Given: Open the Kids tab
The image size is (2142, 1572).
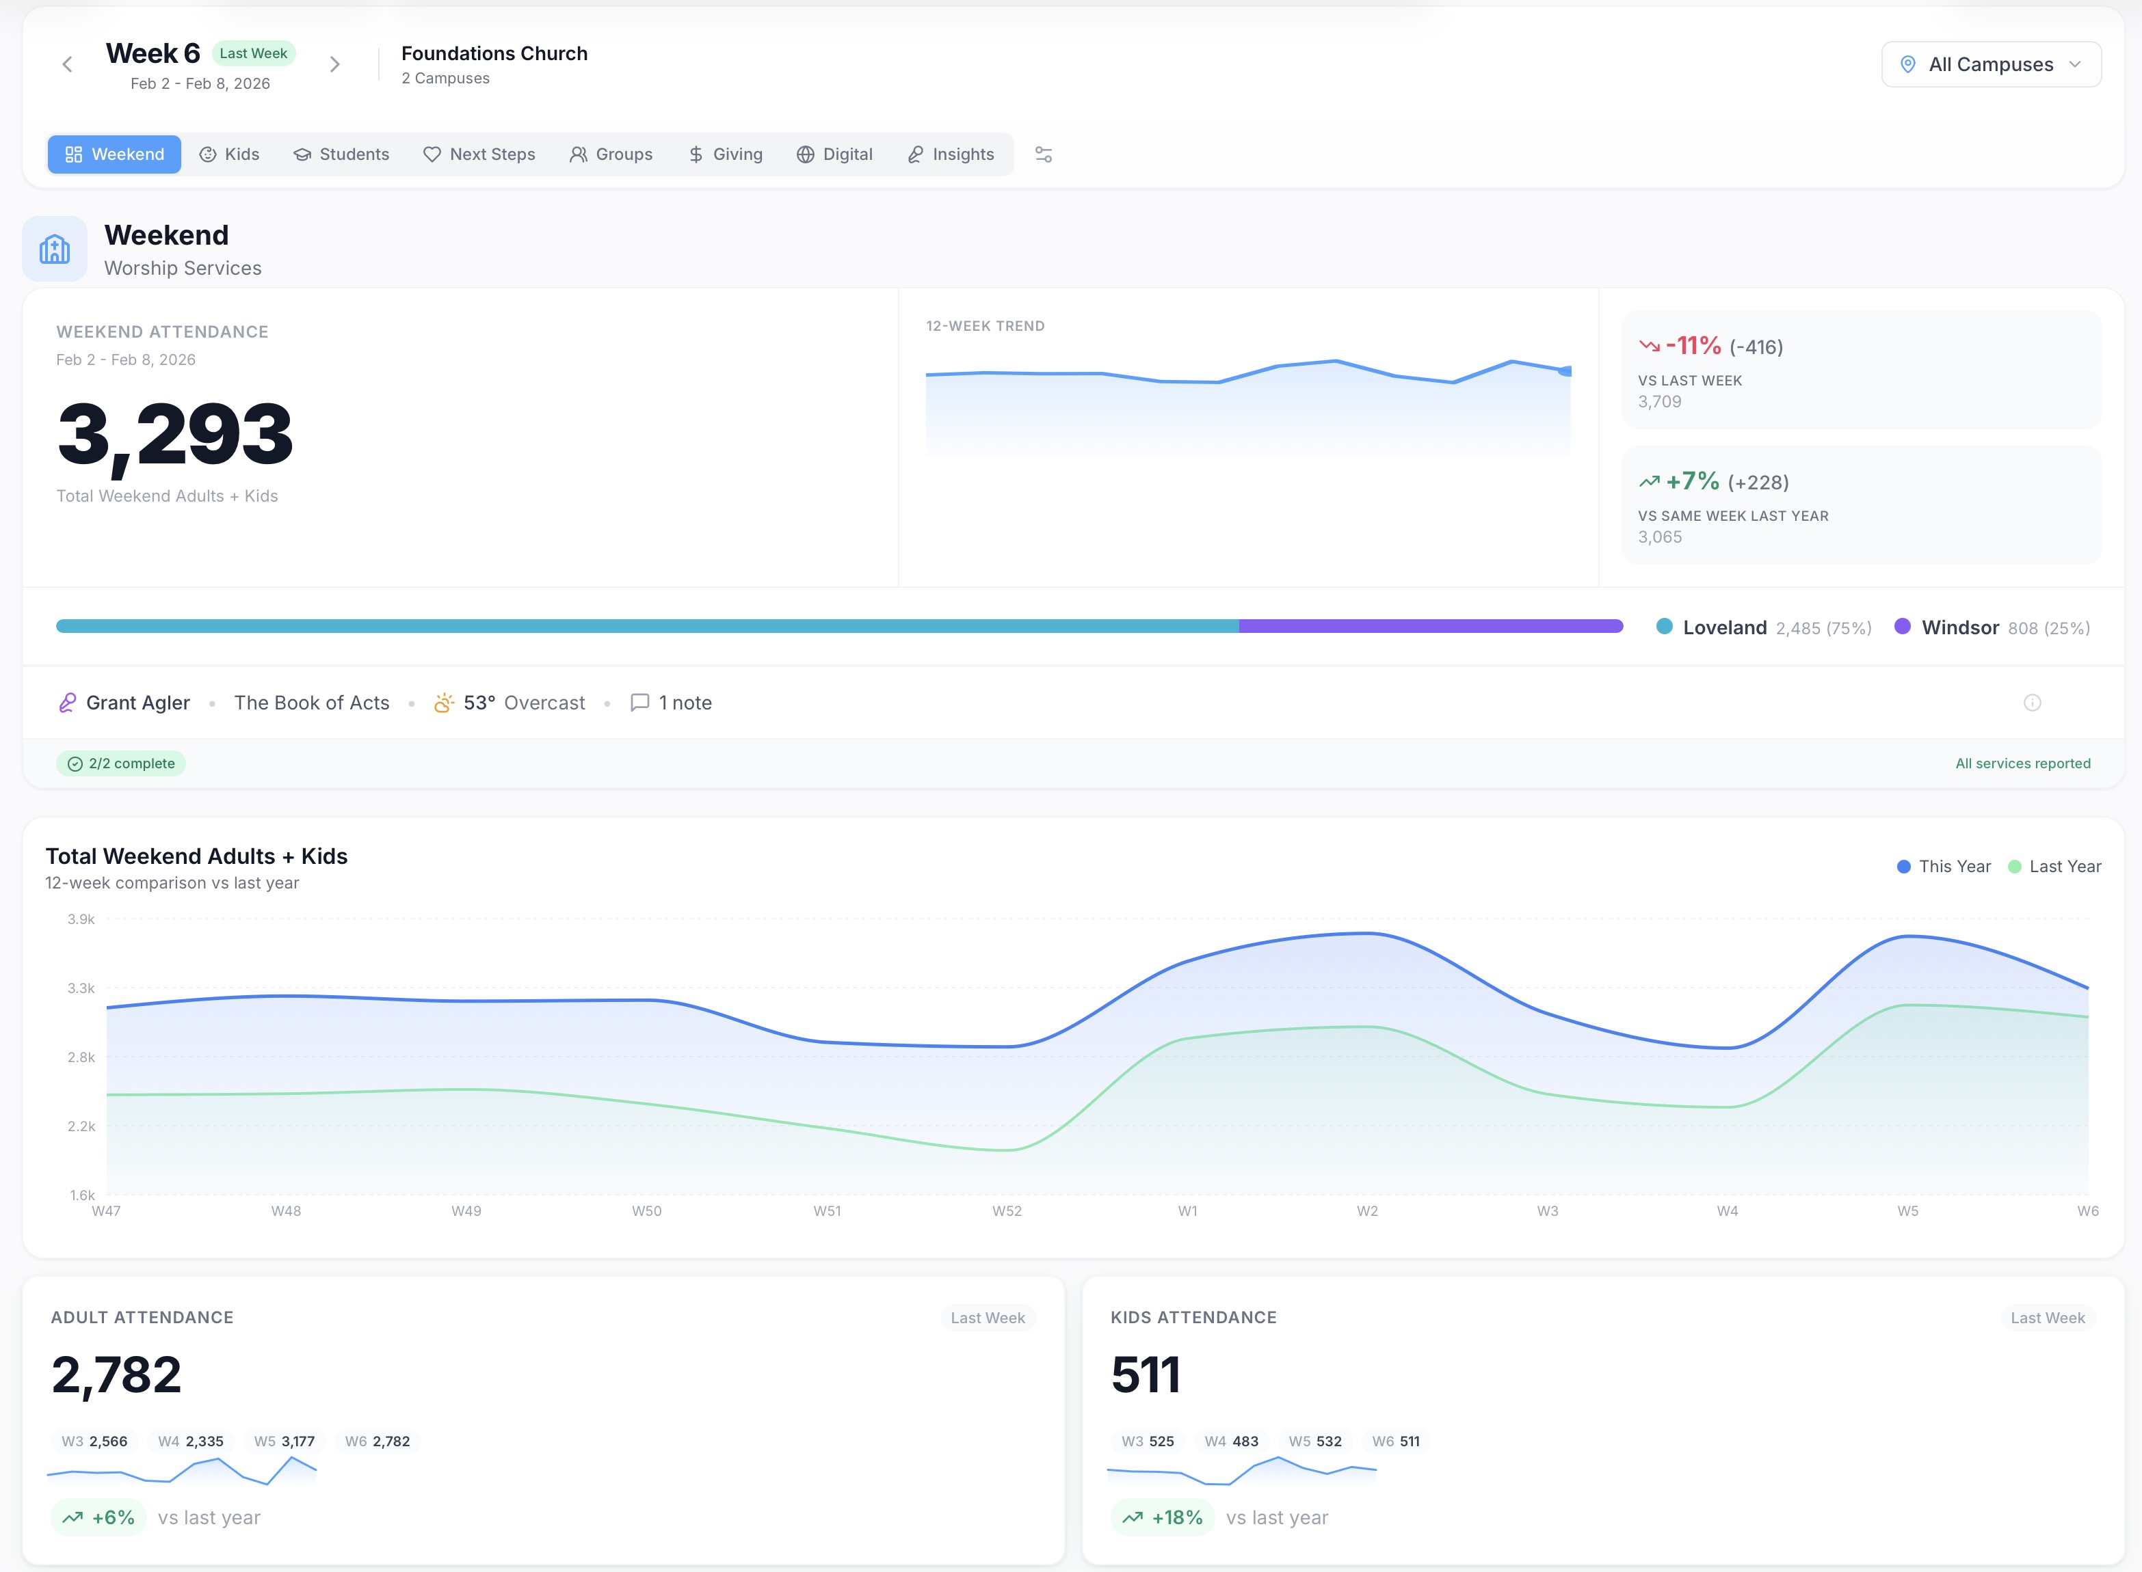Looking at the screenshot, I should (229, 154).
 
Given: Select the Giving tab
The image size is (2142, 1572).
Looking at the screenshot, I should (726, 154).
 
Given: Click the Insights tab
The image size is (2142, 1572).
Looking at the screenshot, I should (951, 154).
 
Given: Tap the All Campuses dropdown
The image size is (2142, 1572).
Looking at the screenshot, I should (1991, 65).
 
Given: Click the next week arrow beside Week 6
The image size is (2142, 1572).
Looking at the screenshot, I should (334, 65).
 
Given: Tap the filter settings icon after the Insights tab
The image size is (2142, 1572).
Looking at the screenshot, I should (1044, 154).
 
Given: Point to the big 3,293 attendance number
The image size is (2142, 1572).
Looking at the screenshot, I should (175, 434).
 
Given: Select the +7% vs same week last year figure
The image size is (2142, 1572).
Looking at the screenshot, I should (1692, 481).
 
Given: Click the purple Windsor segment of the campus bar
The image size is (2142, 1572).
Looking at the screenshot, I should (1430, 626).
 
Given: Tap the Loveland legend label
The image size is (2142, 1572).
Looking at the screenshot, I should (1724, 628).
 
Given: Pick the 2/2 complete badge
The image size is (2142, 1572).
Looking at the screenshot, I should (121, 763).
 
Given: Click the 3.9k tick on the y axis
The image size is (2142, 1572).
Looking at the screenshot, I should (81, 919).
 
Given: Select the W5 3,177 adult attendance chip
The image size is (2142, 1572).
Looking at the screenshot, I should (284, 1441).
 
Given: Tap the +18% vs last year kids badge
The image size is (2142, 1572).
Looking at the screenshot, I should (1163, 1518).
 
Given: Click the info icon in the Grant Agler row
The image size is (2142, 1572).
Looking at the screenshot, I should (2033, 703).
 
